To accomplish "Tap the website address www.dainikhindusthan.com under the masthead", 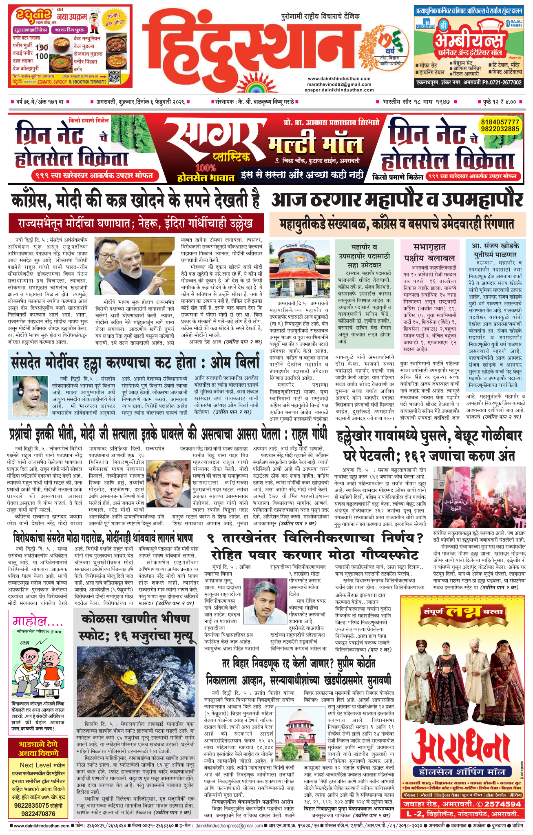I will (x=339, y=79).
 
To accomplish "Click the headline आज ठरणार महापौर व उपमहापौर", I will (x=397, y=200).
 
